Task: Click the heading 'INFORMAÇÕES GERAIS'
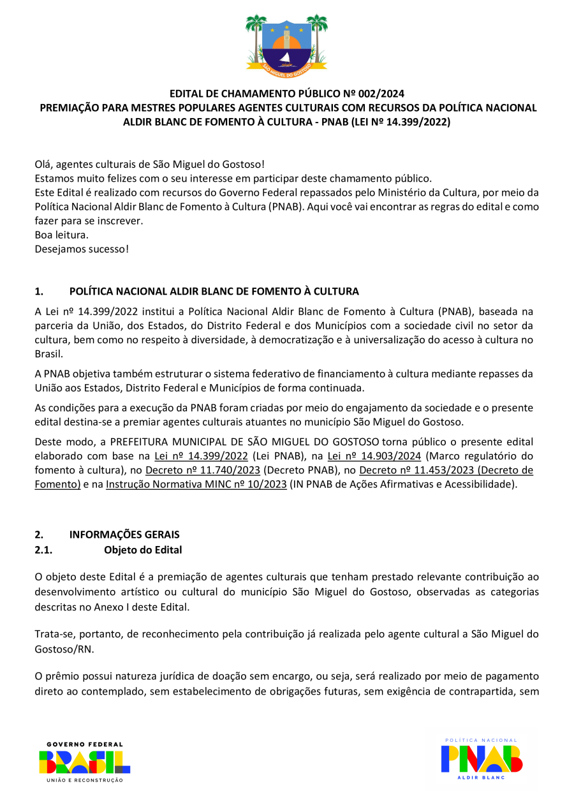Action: point(124,535)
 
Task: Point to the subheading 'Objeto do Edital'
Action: point(143,550)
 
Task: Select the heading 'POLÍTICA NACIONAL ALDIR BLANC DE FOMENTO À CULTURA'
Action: point(214,292)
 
